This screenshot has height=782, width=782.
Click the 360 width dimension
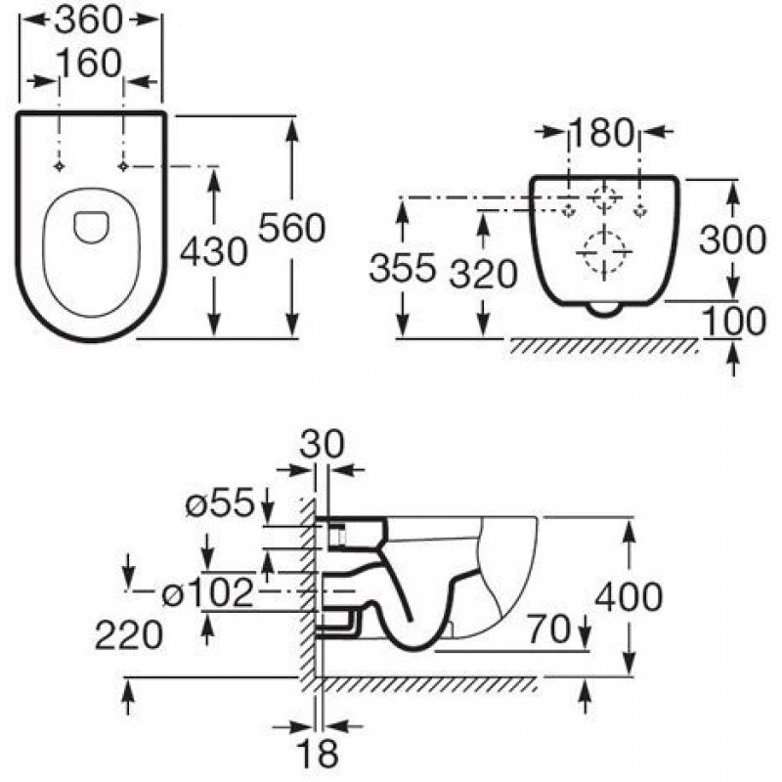click(88, 21)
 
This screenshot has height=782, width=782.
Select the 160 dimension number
click(89, 64)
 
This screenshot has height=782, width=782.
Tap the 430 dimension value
click(213, 251)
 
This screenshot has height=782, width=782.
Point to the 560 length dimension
click(292, 228)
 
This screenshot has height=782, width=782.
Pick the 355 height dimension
click(403, 267)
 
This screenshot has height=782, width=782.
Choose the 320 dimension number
click(483, 274)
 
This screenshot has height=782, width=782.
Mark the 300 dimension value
click(732, 239)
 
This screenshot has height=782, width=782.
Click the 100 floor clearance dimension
click(734, 321)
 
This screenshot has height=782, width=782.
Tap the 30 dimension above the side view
click(322, 444)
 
